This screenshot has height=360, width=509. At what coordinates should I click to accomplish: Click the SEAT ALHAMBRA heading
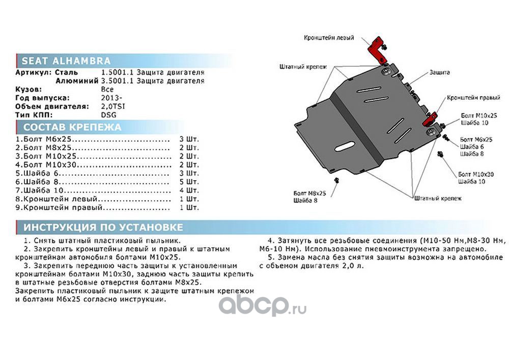[63, 61]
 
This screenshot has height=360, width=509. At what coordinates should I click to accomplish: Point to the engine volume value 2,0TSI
[113, 106]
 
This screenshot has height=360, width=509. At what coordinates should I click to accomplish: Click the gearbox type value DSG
[108, 115]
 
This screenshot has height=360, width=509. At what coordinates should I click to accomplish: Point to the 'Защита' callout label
[439, 73]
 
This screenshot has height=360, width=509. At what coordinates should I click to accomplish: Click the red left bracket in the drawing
[376, 49]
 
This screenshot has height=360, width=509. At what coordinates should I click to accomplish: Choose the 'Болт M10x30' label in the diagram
[475, 174]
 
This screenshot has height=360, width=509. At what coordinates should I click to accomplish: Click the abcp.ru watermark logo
[262, 306]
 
